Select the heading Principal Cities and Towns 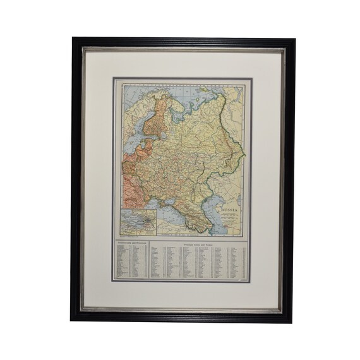201,241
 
